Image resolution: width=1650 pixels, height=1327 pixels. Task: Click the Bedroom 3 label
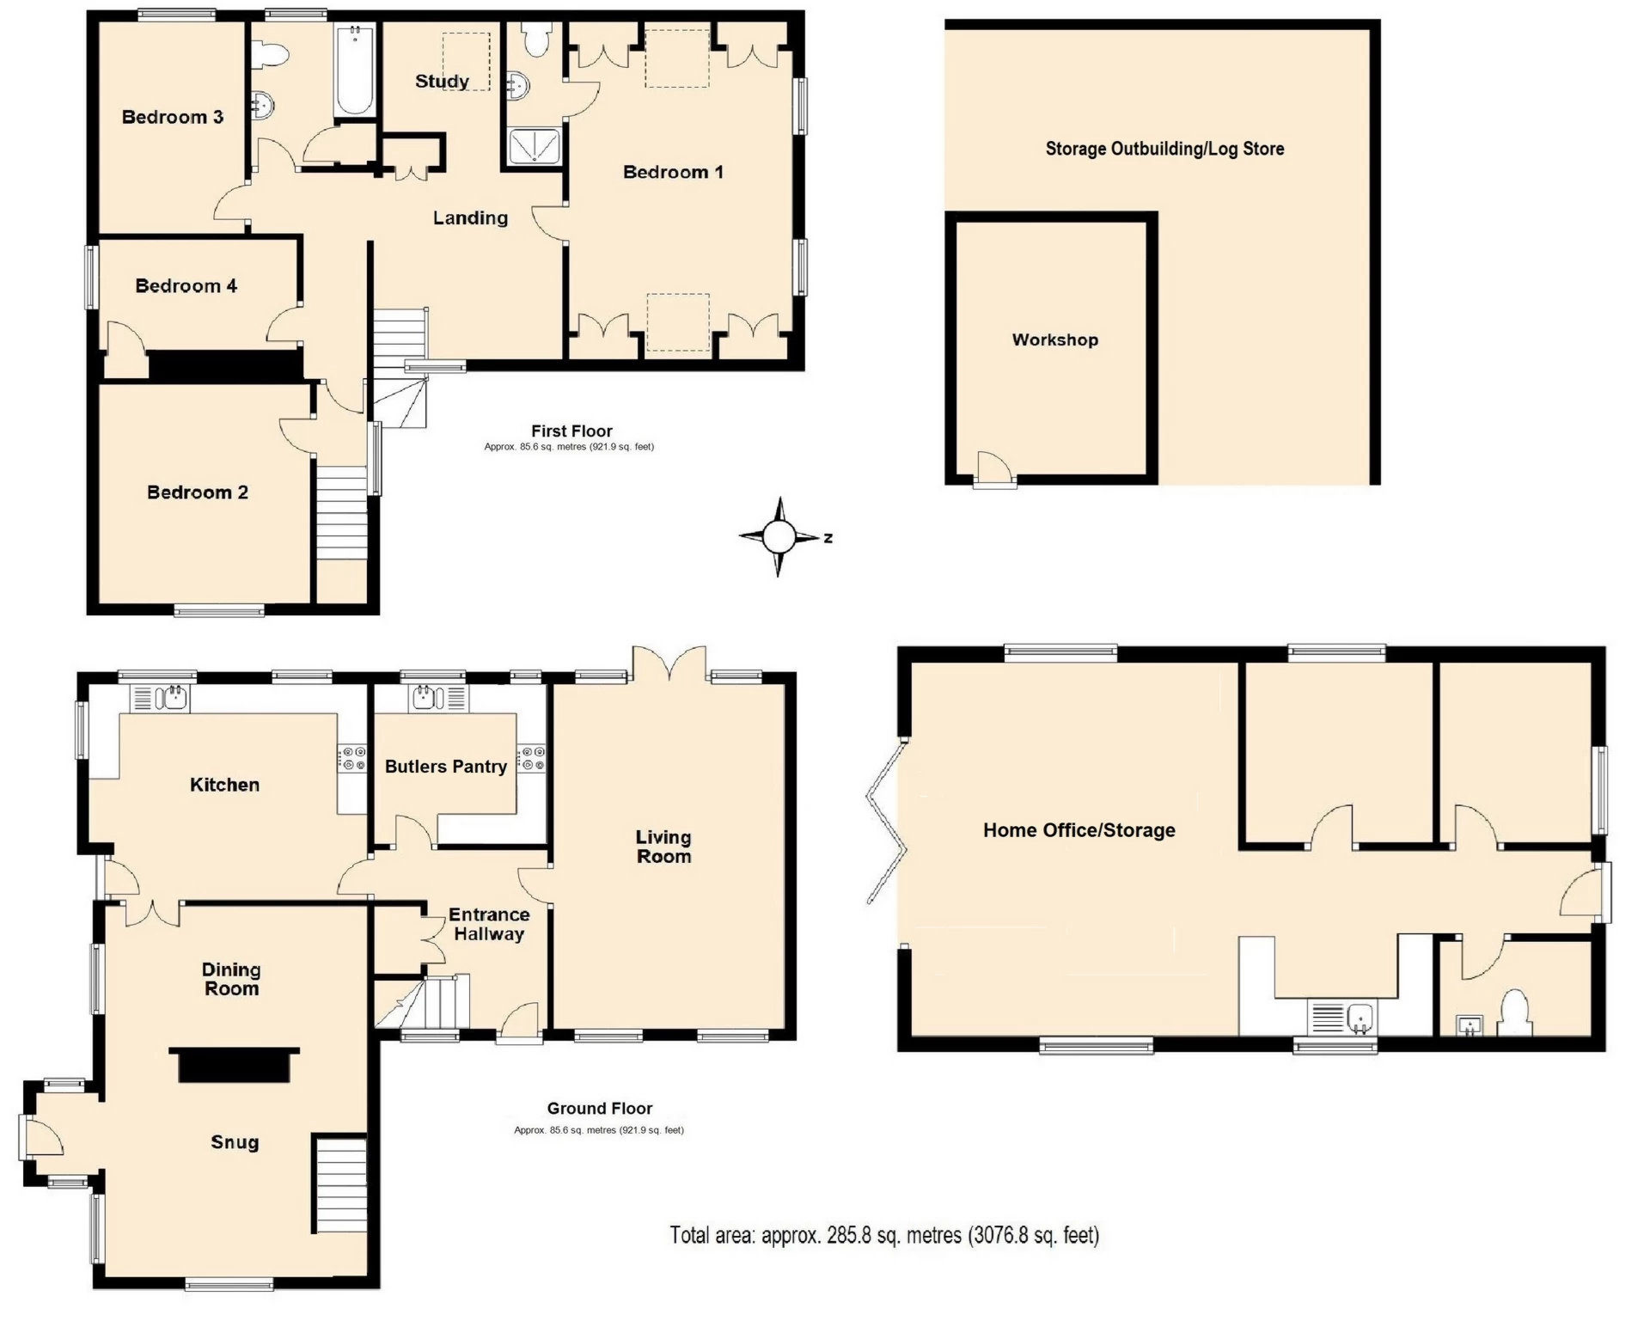click(x=172, y=117)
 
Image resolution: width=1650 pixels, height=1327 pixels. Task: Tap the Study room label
click(x=442, y=81)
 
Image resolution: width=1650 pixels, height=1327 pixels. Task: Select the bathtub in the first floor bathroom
click(x=354, y=70)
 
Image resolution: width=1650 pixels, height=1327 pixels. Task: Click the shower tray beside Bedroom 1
click(x=534, y=146)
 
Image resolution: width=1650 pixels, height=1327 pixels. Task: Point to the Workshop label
click(x=1054, y=339)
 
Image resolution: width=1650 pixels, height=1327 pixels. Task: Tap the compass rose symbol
click(x=779, y=537)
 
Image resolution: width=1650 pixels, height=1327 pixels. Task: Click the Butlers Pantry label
click(x=445, y=767)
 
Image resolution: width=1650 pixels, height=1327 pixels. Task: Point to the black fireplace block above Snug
click(x=234, y=1064)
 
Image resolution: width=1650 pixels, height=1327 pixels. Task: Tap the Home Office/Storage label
click(x=1079, y=830)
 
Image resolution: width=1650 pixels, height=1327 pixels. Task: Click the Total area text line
click(x=884, y=1236)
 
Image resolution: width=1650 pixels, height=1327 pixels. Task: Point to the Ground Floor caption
click(x=599, y=1108)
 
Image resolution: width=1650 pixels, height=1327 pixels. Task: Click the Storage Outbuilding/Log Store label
click(x=1164, y=149)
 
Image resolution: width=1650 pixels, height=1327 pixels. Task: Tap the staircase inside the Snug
click(x=341, y=1185)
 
